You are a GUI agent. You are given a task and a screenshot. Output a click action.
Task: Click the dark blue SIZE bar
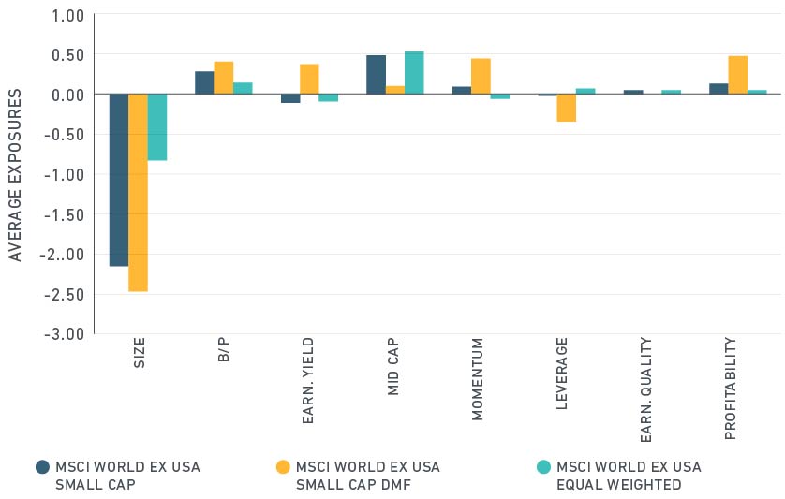pyautogui.click(x=118, y=180)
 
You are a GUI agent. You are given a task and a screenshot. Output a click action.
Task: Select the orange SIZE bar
pyautogui.click(x=138, y=193)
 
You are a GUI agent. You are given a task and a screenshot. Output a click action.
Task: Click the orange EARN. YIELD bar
pyautogui.click(x=309, y=80)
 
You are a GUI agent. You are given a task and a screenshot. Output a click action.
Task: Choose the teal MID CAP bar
pyautogui.click(x=414, y=73)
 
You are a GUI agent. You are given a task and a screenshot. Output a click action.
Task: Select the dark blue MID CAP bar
pyautogui.click(x=376, y=75)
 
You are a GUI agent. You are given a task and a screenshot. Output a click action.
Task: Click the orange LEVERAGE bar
pyautogui.click(x=567, y=108)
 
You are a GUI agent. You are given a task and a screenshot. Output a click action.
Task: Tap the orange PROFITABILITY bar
pyautogui.click(x=738, y=76)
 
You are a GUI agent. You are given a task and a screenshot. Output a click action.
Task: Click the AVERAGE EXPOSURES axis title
pyautogui.click(x=16, y=176)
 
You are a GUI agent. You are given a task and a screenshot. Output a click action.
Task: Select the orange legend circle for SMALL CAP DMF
pyautogui.click(x=282, y=466)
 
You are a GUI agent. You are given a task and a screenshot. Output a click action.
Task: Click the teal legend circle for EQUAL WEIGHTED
pyautogui.click(x=542, y=466)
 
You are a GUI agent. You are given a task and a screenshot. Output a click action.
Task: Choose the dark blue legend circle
pyautogui.click(x=42, y=466)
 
